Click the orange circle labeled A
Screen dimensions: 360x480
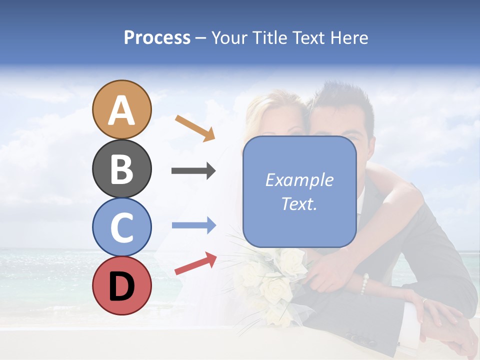[121, 109]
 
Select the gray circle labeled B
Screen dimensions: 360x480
[121, 168]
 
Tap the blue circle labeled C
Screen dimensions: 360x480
[121, 227]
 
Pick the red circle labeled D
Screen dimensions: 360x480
[121, 285]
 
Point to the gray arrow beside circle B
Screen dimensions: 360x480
[193, 171]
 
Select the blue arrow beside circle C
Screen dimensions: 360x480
[193, 225]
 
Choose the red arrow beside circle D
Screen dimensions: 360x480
[195, 263]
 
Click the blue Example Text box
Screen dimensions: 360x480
[299, 191]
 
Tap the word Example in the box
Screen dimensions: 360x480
[299, 180]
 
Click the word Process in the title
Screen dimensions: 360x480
[157, 37]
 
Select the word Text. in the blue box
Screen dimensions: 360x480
[299, 204]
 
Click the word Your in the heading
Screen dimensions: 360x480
[229, 37]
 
